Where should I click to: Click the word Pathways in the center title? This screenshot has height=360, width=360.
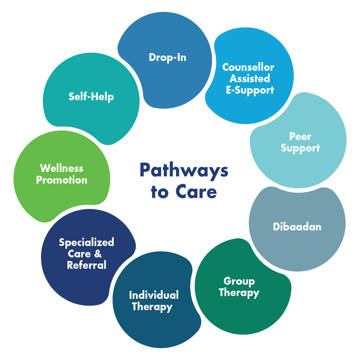pos(184,170)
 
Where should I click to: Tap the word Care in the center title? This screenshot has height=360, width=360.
pos(196,192)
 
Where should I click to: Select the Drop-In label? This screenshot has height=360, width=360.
pos(167,57)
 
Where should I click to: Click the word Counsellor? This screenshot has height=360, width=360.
pos(248,67)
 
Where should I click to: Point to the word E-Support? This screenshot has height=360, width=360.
pos(250,90)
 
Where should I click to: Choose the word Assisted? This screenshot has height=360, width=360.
pos(250,79)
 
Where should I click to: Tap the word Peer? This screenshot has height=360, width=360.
pos(300,136)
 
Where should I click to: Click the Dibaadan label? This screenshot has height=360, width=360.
pos(297,226)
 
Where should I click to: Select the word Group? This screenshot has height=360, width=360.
pos(239,281)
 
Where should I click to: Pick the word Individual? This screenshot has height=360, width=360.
pos(154,295)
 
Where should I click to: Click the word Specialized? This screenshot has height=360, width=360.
pos(86,242)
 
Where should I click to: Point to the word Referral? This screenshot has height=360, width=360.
pos(86,265)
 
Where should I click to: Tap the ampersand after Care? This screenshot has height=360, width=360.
pos(98,254)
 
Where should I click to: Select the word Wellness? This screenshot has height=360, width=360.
pos(61,168)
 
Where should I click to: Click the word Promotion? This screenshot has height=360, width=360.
pos(61,180)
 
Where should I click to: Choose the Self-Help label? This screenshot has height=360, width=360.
pos(91,97)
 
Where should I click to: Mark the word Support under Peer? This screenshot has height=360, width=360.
pos(300,148)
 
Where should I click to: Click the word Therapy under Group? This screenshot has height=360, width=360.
pos(239,292)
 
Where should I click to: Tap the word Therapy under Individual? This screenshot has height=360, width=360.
pos(152,307)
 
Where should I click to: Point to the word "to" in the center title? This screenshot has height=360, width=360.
pos(159,192)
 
